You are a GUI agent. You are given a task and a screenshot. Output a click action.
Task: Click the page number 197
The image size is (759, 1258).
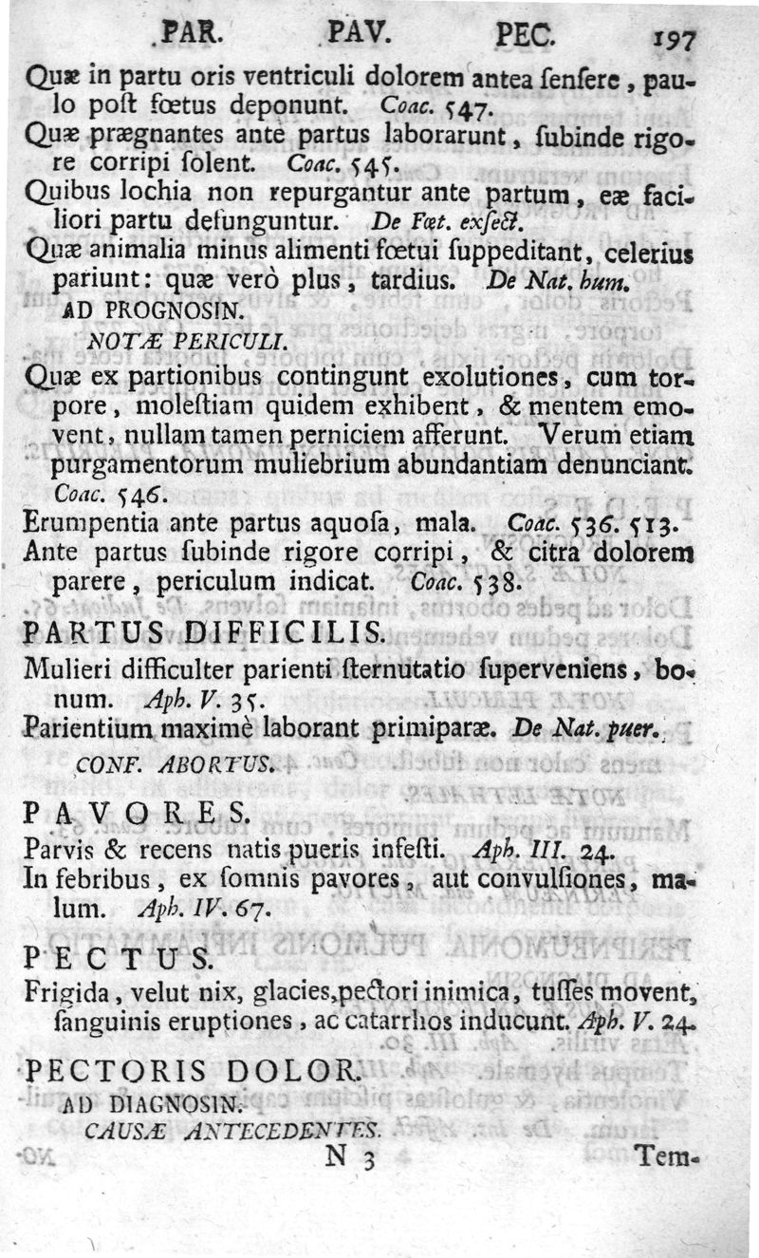(675, 41)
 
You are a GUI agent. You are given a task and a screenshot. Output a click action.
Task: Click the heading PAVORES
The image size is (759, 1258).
(137, 813)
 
